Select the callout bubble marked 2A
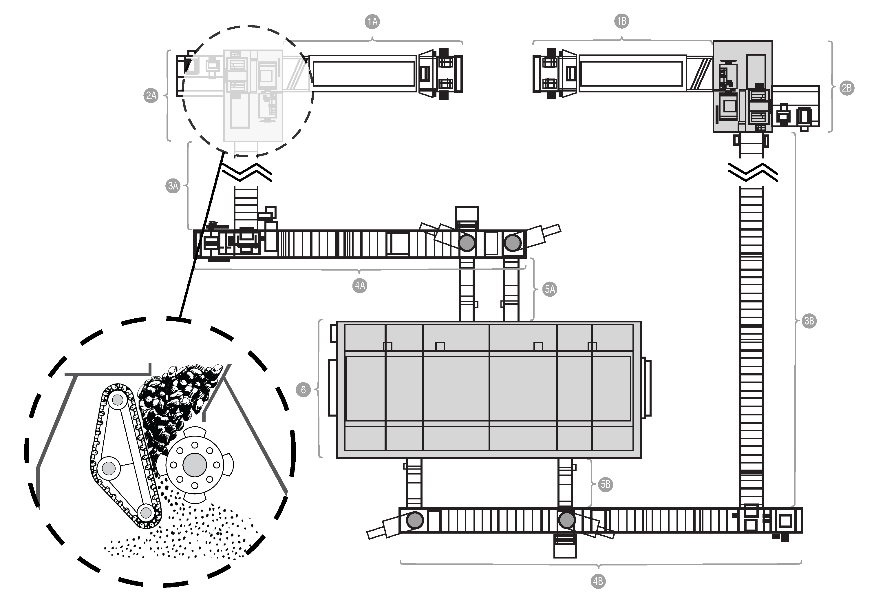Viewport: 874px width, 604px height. coord(151,95)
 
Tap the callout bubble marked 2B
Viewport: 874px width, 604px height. coord(847,88)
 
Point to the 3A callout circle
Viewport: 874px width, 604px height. coord(173,186)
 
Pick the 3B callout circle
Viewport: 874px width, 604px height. coord(809,321)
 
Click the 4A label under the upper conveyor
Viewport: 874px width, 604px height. coord(360,285)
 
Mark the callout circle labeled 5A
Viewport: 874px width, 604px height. coord(549,289)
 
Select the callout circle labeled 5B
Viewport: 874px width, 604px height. coord(605,484)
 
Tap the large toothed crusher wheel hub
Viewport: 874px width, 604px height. coord(195,465)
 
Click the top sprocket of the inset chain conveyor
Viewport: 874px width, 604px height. coord(117,400)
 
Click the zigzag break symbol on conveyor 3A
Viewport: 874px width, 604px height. coord(247,172)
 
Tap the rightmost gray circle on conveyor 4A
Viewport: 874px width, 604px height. coord(513,242)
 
